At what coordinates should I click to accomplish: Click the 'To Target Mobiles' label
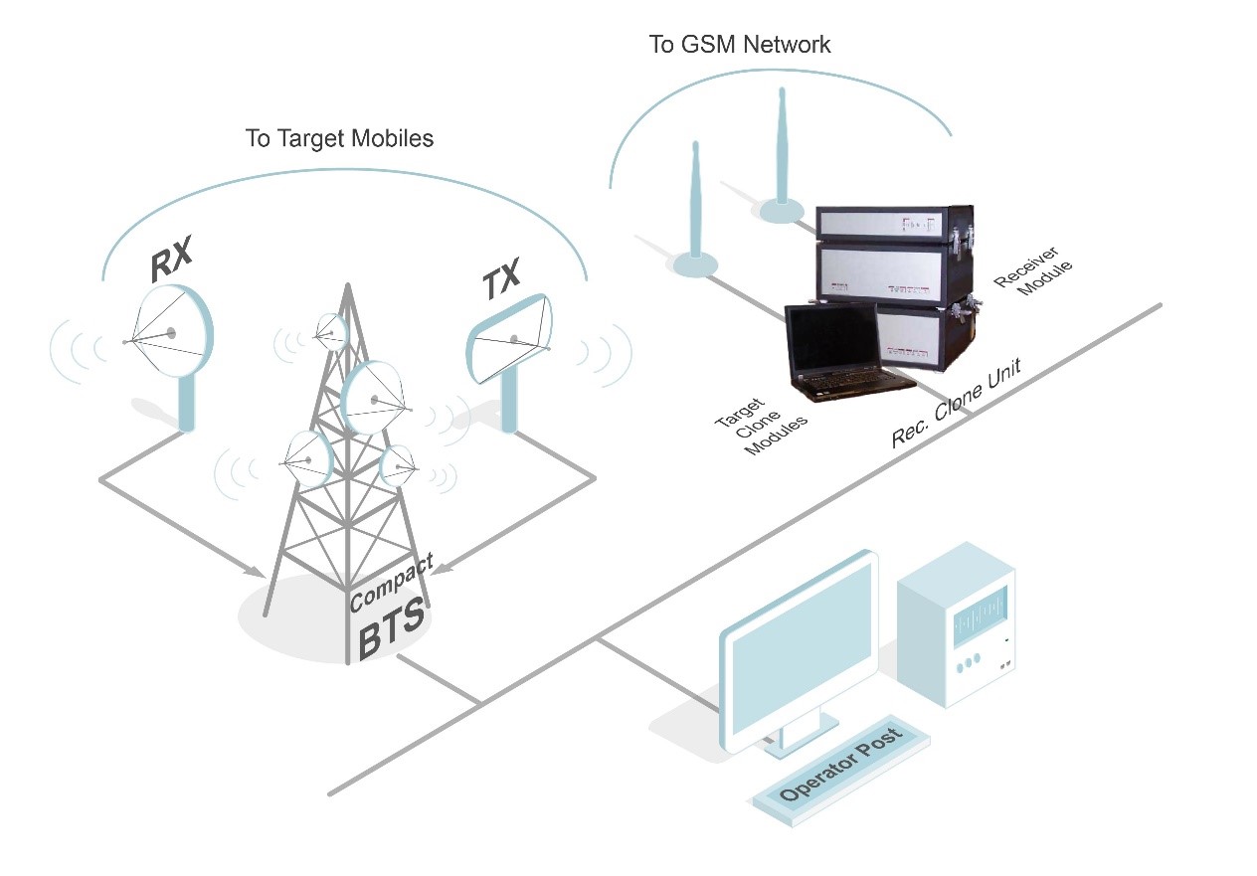pos(339,138)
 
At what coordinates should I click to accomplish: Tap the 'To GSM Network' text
pos(740,45)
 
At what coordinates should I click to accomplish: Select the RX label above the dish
pos(171,259)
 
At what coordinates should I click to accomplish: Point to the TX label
pos(501,278)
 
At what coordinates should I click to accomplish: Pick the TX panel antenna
pos(509,339)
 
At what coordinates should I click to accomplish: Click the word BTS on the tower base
pos(391,628)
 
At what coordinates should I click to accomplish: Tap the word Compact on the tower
pos(391,583)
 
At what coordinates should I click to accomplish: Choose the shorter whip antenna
pos(695,202)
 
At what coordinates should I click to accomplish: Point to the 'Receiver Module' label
pos(1032,271)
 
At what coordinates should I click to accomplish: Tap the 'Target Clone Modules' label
pos(761,427)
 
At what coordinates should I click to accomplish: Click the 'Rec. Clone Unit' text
pos(956,403)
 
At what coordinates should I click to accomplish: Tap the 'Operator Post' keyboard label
pos(840,764)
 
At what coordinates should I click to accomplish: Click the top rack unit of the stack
pos(894,222)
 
